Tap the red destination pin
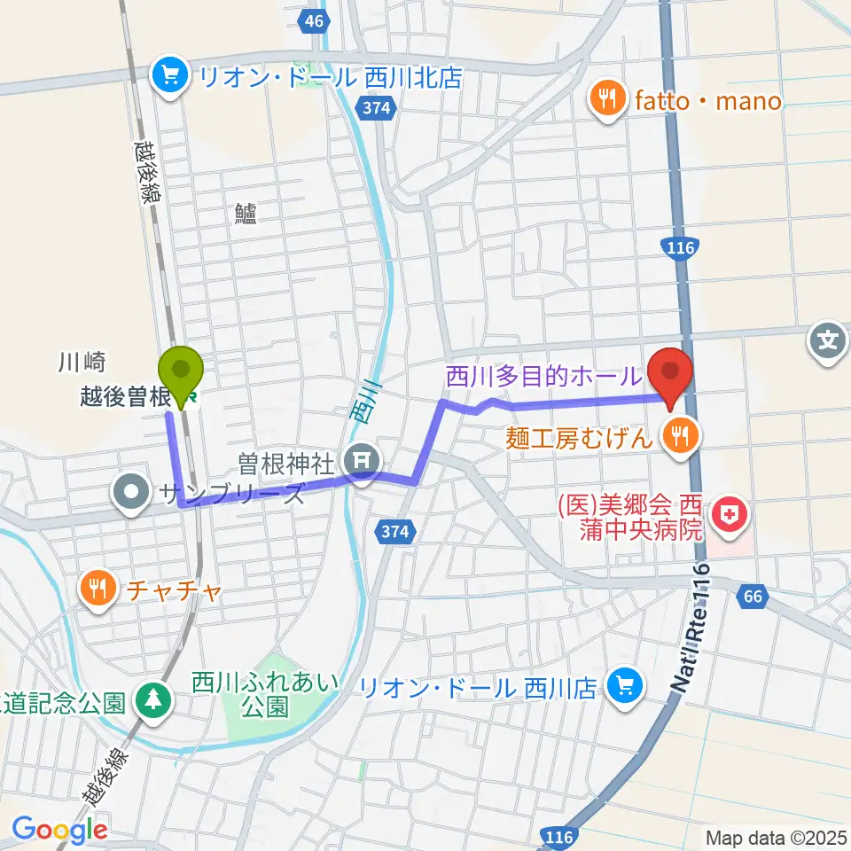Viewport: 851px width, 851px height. coord(671,372)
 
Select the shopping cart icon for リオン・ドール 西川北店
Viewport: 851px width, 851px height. coord(167,75)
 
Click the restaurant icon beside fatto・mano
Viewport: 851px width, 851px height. coord(607,99)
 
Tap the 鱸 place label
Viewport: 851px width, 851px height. coord(246,213)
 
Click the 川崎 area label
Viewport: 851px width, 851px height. coord(82,362)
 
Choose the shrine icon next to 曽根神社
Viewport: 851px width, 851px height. coord(362,459)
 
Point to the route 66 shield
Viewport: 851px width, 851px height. coord(752,597)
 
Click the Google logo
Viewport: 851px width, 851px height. coord(59,830)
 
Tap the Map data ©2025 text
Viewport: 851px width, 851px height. coord(776,837)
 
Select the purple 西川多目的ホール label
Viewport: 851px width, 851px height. coord(542,376)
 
